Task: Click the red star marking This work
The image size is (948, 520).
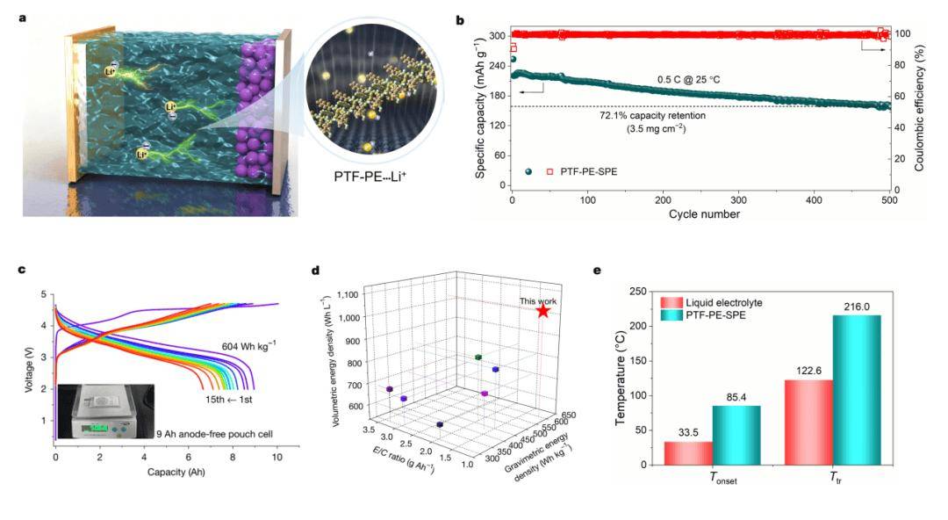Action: click(x=543, y=310)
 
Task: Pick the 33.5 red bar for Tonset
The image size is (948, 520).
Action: click(x=687, y=452)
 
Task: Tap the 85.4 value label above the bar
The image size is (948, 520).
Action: click(x=736, y=396)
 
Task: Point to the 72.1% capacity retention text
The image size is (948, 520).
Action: click(x=652, y=115)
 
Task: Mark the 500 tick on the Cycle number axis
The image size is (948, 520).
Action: click(x=889, y=199)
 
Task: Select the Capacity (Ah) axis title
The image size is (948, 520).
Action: click(x=165, y=484)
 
